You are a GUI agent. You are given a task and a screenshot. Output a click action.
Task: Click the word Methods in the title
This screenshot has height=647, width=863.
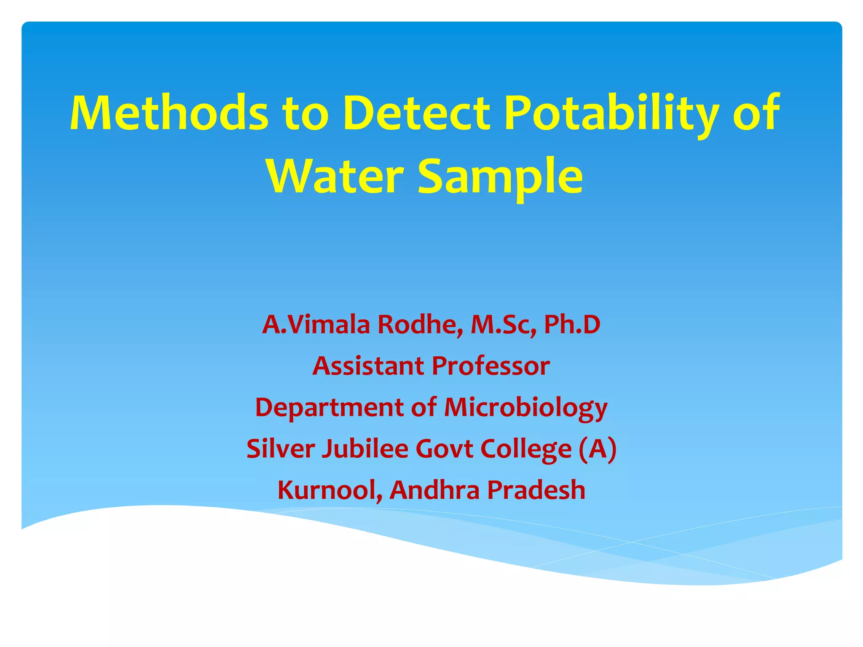(x=169, y=113)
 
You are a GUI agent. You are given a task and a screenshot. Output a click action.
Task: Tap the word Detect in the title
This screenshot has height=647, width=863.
(x=416, y=113)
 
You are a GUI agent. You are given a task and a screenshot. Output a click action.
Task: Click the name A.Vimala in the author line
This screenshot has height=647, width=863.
(x=316, y=325)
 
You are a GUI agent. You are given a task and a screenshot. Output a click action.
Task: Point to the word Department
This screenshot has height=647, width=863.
(x=329, y=408)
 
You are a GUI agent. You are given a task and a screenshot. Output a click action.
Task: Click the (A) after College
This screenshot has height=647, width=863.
(x=598, y=449)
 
